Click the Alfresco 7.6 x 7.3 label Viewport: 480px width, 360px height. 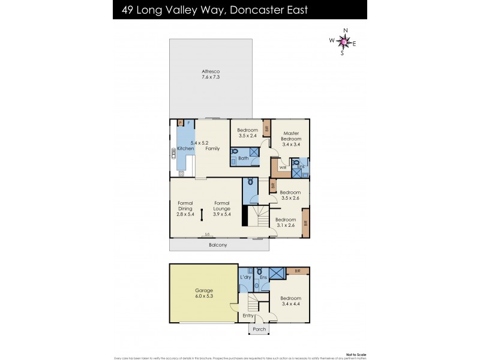pos(211,74)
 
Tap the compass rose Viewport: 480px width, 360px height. pos(344,41)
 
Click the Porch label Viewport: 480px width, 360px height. pos(259,329)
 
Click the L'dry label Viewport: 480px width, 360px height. pos(245,277)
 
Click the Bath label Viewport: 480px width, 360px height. pos(243,158)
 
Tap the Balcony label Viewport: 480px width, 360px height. pos(218,245)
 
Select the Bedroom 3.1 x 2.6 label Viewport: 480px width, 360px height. pos(286,223)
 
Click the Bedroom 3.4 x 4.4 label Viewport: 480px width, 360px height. pos(290,301)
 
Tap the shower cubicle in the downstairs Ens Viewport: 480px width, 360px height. pos(277,274)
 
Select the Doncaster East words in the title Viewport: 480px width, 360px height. pos(277,10)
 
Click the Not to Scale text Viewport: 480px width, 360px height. pos(356,354)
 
